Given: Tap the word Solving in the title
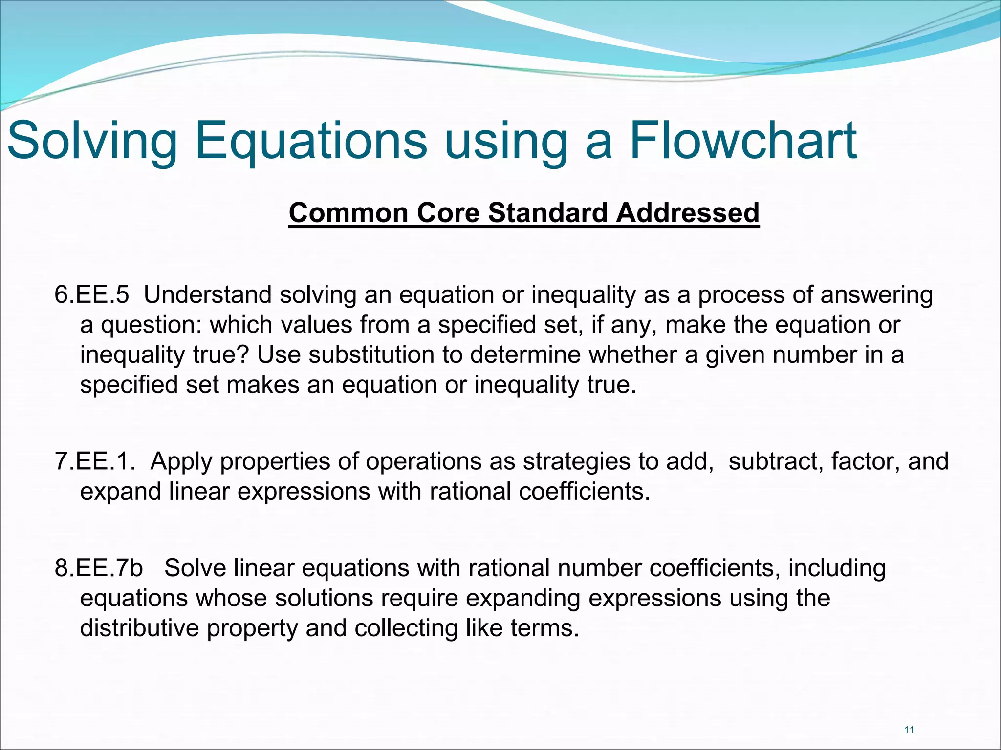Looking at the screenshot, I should [x=93, y=142].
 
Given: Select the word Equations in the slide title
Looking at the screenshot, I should [x=311, y=142].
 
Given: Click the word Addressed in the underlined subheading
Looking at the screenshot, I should [x=687, y=213].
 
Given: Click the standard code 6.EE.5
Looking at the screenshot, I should [x=92, y=295].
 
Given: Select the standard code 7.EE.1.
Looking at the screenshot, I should [x=95, y=461].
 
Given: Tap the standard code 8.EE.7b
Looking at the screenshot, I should [x=99, y=568].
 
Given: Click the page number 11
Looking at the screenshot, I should [x=909, y=730].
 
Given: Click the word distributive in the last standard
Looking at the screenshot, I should [x=139, y=628].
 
